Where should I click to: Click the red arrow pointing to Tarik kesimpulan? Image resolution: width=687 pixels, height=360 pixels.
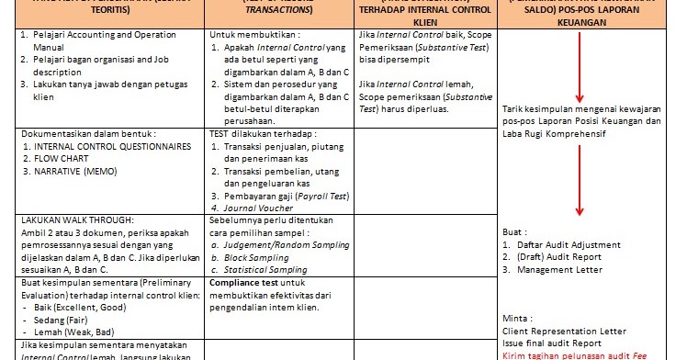point(580,73)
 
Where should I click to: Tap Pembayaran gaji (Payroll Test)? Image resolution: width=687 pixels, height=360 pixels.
point(281,196)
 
